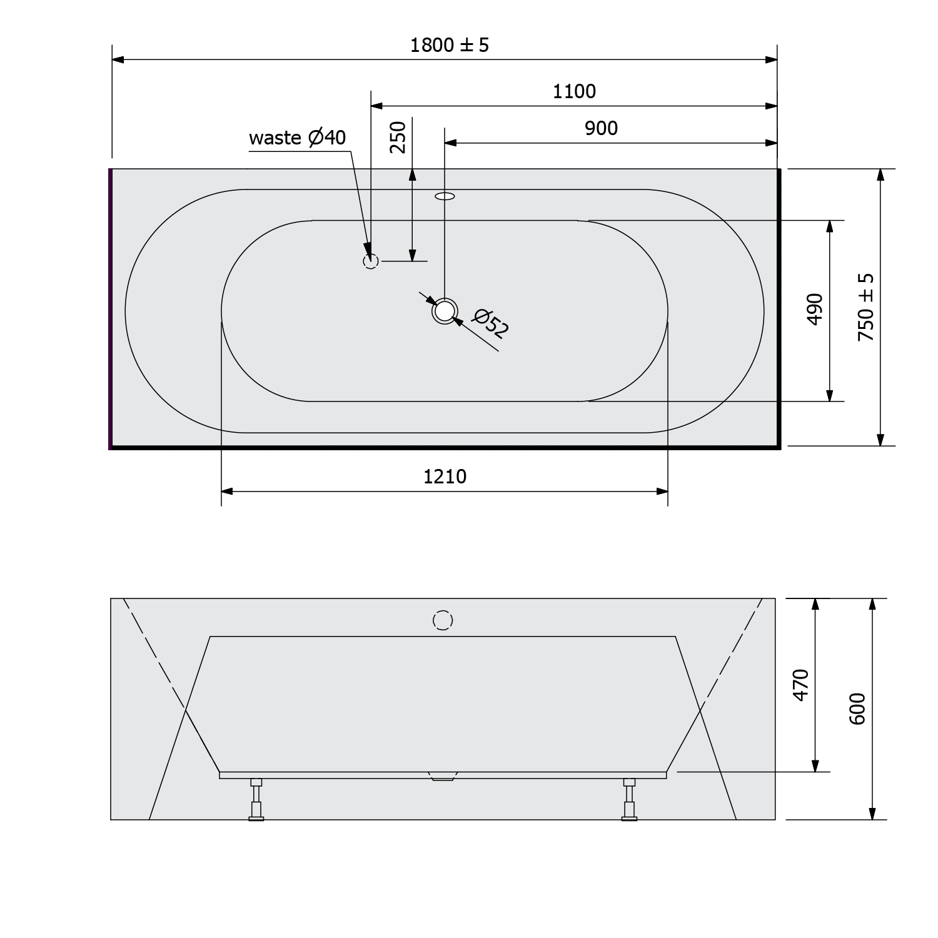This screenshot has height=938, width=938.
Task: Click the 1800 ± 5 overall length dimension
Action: click(x=449, y=45)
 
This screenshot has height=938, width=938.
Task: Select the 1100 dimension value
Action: click(x=574, y=92)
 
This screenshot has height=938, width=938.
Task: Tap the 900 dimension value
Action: click(x=601, y=128)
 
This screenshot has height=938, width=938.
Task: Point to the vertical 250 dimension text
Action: click(x=398, y=137)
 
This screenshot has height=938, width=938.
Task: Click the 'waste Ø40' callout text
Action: click(x=297, y=138)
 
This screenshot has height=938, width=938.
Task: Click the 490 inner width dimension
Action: click(x=814, y=309)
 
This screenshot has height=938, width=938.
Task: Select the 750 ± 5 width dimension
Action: click(x=866, y=307)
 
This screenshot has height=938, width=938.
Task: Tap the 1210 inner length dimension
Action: click(x=445, y=477)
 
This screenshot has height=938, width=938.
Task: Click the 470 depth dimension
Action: click(x=801, y=685)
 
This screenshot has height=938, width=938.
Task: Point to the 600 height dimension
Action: click(x=857, y=709)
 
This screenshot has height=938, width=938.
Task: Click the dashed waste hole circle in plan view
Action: click(x=371, y=261)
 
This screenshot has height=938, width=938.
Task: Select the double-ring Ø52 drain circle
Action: click(x=444, y=311)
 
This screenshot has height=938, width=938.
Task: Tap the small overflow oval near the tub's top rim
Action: click(x=445, y=196)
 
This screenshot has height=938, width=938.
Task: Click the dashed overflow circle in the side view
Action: click(x=443, y=620)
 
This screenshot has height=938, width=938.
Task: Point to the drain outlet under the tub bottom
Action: click(x=443, y=777)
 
